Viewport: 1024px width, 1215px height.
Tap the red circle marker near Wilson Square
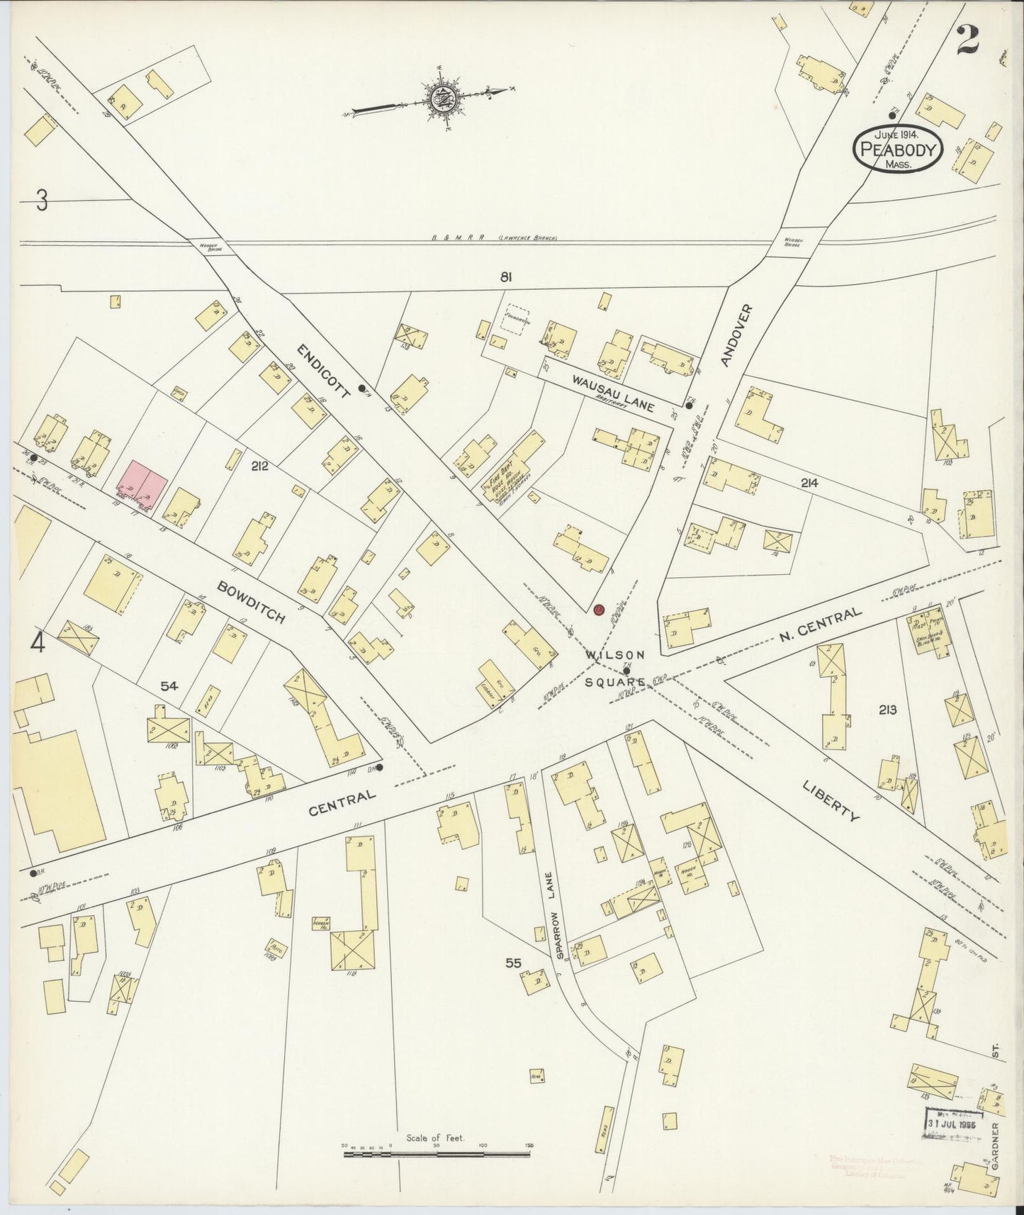(599, 610)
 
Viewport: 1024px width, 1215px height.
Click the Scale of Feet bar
(437, 1155)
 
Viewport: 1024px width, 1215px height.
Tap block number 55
(514, 963)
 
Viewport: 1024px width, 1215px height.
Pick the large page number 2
(967, 40)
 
